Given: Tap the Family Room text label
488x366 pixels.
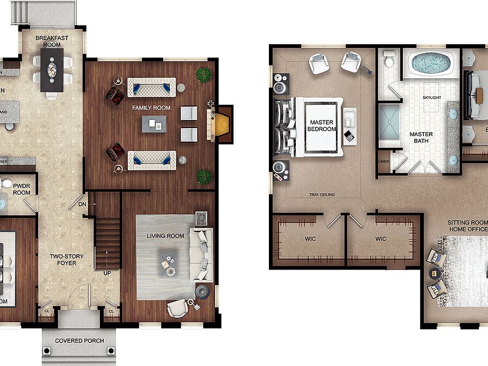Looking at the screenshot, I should coord(151,108).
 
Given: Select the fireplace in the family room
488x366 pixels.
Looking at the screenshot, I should coord(222,125).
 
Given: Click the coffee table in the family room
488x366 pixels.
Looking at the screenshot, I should coord(154,124).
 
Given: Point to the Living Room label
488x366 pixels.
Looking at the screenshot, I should coord(165,236).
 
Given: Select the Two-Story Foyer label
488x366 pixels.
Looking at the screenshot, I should coord(66,260).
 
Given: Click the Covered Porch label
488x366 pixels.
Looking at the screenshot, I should coord(79,341).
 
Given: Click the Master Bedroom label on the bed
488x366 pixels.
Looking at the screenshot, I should coord(321,126).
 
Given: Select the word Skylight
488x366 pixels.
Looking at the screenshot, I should coord(432,97).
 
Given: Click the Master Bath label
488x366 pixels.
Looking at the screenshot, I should coord(421,138).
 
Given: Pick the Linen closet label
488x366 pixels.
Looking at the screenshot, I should coord(383,162).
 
